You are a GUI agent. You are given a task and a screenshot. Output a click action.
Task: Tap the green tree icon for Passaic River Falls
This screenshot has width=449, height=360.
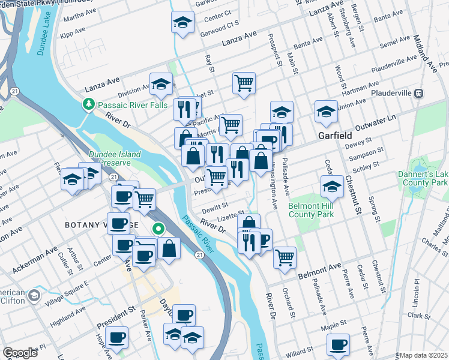[89, 104]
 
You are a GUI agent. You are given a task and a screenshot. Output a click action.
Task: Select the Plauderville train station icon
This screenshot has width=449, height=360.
[420, 93]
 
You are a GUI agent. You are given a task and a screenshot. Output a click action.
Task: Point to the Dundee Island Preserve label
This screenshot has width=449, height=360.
[114, 158]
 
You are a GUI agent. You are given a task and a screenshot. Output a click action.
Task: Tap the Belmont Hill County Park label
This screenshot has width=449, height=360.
[312, 209]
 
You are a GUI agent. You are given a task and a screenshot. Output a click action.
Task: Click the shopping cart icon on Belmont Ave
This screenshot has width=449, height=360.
[285, 256]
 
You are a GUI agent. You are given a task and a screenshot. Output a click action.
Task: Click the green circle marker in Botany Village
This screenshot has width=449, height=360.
[158, 228]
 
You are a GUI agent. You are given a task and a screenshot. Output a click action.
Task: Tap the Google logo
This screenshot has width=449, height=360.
[19, 353]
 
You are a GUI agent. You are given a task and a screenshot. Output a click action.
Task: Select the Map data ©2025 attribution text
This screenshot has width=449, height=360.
[423, 355]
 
